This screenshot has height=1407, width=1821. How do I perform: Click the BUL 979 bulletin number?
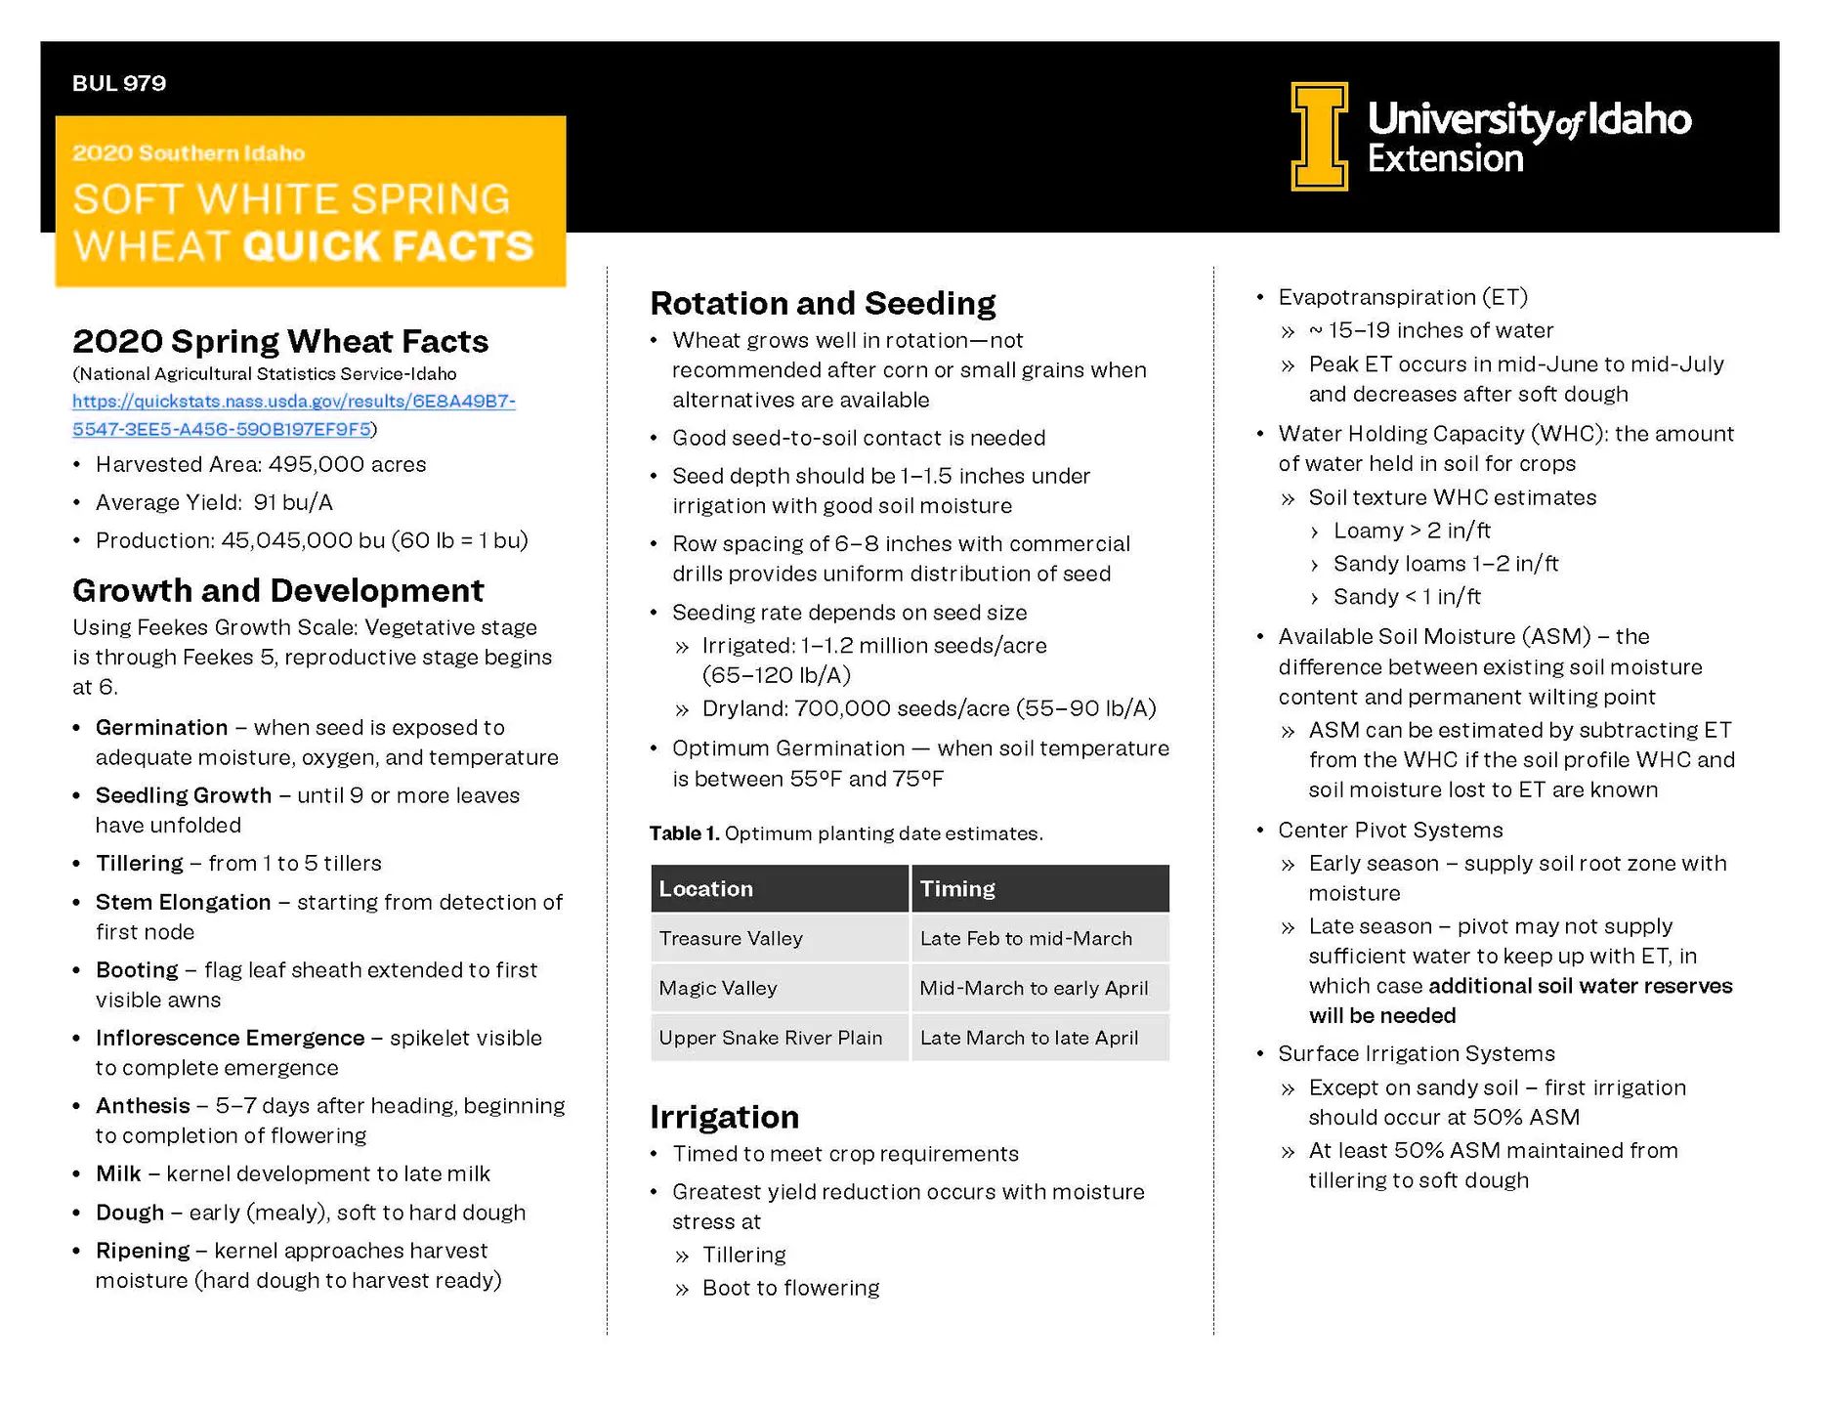[x=119, y=84]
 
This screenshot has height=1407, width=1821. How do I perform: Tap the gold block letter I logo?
[x=1319, y=136]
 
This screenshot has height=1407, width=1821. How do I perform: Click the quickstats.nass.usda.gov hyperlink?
[x=293, y=415]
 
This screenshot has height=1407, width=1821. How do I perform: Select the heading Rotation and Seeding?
[x=823, y=304]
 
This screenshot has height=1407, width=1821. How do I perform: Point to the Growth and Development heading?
[x=277, y=591]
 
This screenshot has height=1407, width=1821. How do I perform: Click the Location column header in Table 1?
[x=705, y=889]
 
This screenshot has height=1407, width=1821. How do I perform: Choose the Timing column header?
[x=957, y=889]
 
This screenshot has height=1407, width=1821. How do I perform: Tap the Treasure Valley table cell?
[x=731, y=939]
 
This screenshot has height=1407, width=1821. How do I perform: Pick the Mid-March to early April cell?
[x=1034, y=989]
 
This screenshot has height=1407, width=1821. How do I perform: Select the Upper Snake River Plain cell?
[x=770, y=1039]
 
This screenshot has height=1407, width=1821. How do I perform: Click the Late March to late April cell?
[x=1029, y=1039]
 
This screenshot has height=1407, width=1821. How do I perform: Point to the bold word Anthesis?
[x=143, y=1106]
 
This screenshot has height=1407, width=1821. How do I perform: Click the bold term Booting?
[x=137, y=970]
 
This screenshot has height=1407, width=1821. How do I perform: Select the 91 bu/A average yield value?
[x=293, y=503]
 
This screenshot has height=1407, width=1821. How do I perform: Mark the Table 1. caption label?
[x=684, y=833]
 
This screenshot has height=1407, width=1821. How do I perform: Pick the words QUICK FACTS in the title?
[x=388, y=246]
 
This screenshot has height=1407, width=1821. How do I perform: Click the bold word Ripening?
[x=143, y=1252]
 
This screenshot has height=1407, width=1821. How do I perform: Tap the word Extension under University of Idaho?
[x=1445, y=159]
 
